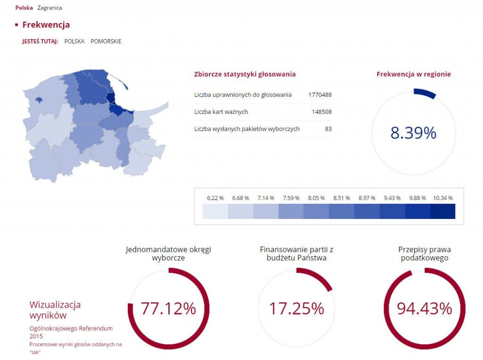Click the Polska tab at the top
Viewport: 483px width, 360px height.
coord(24,8)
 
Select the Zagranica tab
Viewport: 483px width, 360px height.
coord(50,8)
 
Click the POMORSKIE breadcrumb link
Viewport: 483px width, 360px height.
coord(106,41)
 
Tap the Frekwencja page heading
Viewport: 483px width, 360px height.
coord(46,25)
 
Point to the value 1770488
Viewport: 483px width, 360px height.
coord(320,95)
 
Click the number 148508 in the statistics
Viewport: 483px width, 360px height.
coord(321,112)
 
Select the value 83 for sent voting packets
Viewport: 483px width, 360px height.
coord(328,129)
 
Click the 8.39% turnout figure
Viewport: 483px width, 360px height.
coord(413,134)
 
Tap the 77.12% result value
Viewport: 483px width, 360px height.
coord(168,309)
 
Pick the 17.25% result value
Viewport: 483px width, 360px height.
coord(296,309)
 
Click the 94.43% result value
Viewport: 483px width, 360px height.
coord(424,309)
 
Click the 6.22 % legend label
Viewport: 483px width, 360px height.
coord(215,198)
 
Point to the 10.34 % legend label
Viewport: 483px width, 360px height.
coord(442,198)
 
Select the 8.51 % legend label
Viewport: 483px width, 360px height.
coord(341,198)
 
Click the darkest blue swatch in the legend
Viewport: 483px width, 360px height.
coord(442,211)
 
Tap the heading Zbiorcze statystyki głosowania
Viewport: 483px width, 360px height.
coord(245,74)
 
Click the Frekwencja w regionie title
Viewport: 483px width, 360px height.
coord(414,74)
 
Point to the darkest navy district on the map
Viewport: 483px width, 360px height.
coord(111,98)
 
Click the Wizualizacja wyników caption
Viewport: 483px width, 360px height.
coord(55,310)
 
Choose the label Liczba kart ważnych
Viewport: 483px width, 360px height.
coord(221,112)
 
